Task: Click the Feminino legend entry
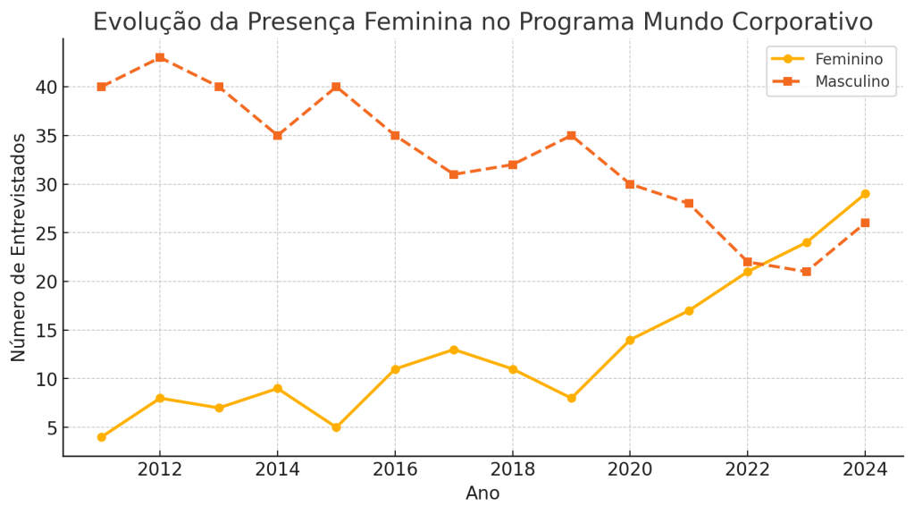(x=848, y=59)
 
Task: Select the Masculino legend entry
(x=851, y=81)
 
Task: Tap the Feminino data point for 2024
(x=865, y=194)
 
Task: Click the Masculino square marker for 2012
(x=160, y=57)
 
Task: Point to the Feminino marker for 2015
(x=336, y=427)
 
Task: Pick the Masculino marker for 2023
(x=806, y=272)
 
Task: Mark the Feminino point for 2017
(x=454, y=350)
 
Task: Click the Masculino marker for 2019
(x=571, y=136)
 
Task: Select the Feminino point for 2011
(x=101, y=437)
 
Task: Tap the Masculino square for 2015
(x=336, y=87)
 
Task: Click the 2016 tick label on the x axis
(x=395, y=470)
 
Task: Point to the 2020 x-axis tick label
(x=630, y=470)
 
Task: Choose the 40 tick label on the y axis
(x=46, y=88)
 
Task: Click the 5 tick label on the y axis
(x=52, y=428)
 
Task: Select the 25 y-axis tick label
(x=46, y=233)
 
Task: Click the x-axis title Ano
(x=482, y=493)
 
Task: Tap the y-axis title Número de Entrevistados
(x=19, y=247)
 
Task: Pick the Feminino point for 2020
(x=630, y=340)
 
